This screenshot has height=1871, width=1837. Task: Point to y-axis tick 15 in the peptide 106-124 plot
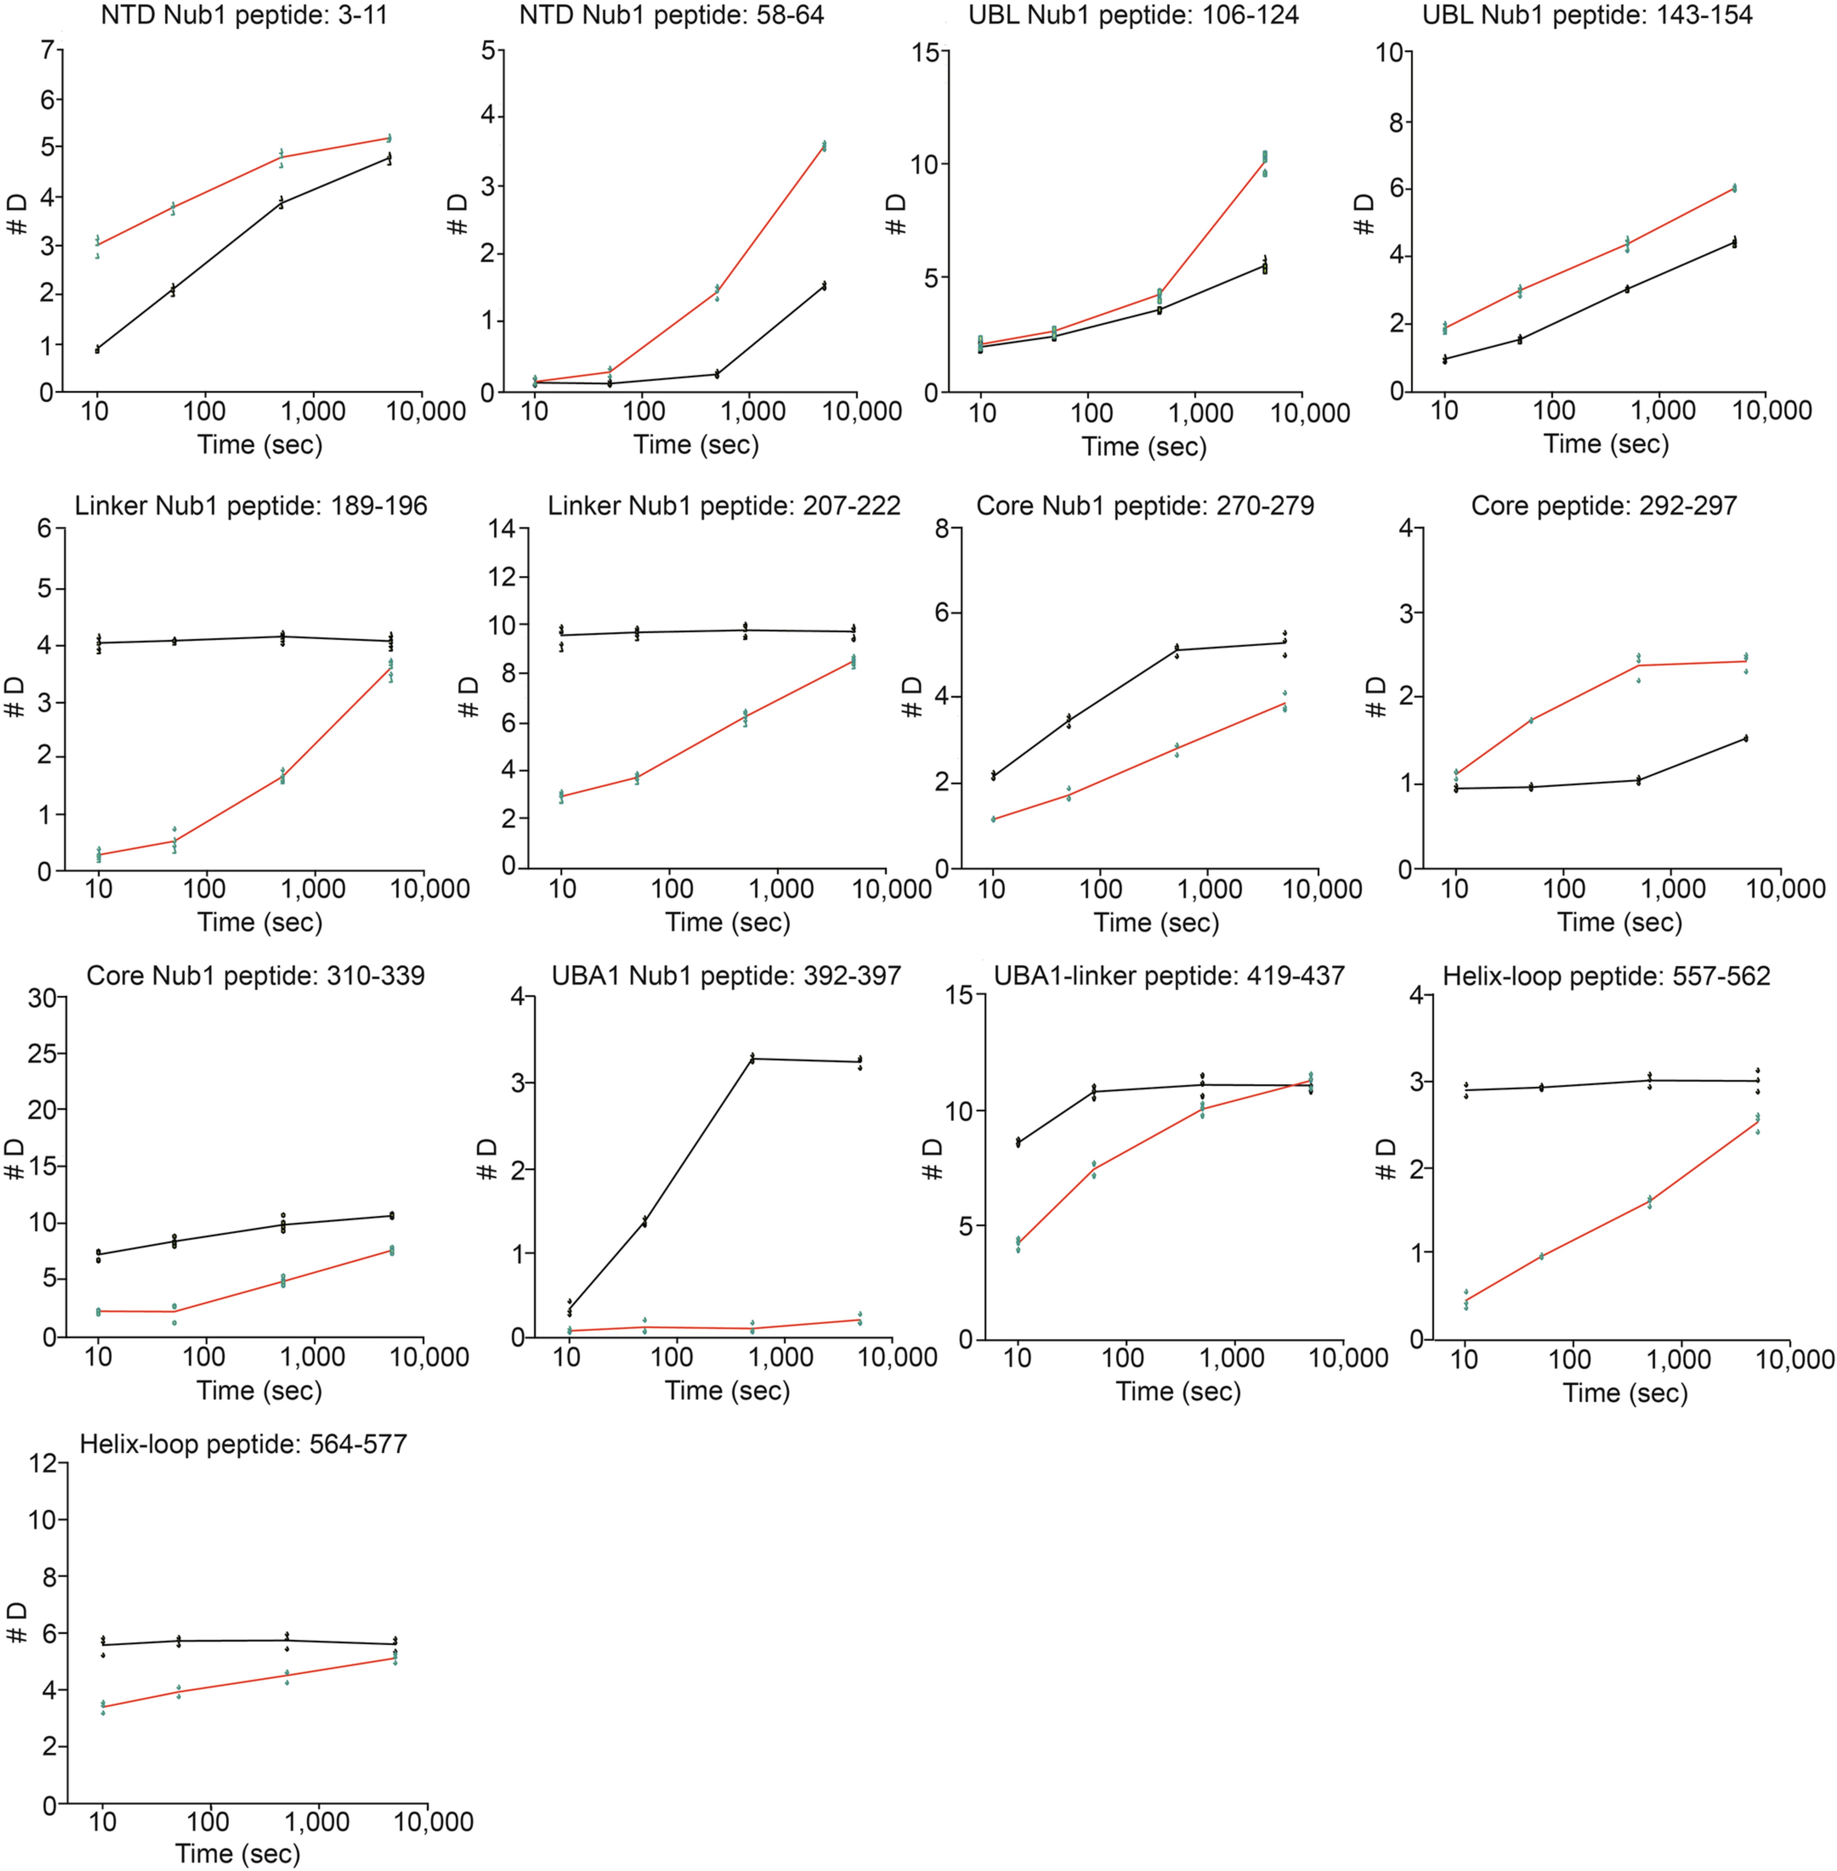(x=924, y=52)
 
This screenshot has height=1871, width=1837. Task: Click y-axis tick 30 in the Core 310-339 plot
(x=40, y=996)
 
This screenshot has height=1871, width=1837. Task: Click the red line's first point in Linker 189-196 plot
(x=98, y=855)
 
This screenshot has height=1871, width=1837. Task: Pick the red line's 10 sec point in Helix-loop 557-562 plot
(x=1466, y=1301)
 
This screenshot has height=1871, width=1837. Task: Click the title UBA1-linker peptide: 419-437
(x=1169, y=976)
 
